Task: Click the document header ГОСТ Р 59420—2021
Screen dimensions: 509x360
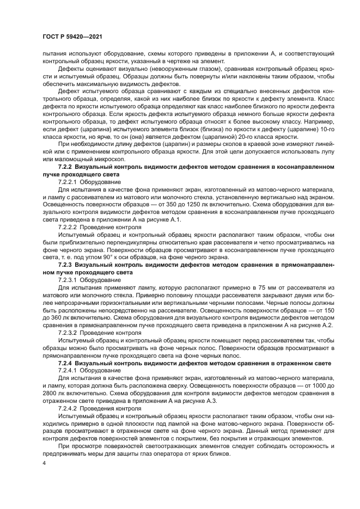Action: pyautogui.click(x=72, y=36)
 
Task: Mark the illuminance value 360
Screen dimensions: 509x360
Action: pyautogui.click(x=54, y=316)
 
